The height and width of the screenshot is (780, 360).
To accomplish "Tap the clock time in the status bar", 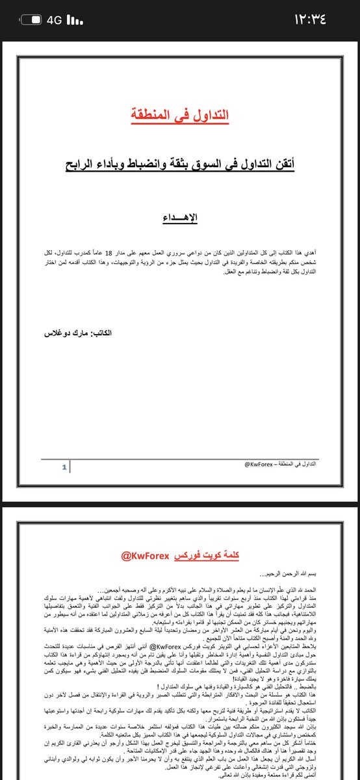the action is click(x=319, y=19).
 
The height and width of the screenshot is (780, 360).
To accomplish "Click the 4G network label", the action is click(x=54, y=20).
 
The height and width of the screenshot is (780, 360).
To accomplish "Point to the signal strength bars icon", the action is click(x=75, y=20).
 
